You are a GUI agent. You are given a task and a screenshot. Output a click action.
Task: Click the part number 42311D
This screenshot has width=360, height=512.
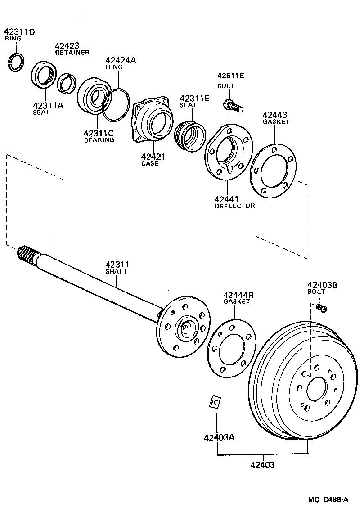[19, 32]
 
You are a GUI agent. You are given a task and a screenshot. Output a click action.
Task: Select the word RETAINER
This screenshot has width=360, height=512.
[72, 53]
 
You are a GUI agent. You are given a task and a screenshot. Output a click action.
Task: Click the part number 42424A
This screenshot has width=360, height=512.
[121, 60]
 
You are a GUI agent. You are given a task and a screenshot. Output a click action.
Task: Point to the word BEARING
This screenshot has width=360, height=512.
[99, 140]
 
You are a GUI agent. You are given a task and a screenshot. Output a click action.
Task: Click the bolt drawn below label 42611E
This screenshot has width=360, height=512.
[232, 106]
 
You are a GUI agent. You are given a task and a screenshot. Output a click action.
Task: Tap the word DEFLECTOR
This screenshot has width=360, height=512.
[234, 206]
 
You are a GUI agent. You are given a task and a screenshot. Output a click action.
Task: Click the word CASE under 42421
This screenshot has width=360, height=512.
[150, 163]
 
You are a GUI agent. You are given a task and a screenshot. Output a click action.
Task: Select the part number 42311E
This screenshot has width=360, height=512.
[194, 98]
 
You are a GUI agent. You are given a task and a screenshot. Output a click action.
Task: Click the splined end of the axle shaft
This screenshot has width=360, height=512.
[27, 255]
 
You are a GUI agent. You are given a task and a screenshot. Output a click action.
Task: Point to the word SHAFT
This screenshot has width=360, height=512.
[117, 271]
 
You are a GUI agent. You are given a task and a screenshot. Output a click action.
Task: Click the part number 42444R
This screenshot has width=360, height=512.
[238, 295]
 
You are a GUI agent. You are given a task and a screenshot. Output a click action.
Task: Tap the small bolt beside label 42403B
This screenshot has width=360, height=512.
[322, 308]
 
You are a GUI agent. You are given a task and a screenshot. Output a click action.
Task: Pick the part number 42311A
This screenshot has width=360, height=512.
[48, 106]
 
